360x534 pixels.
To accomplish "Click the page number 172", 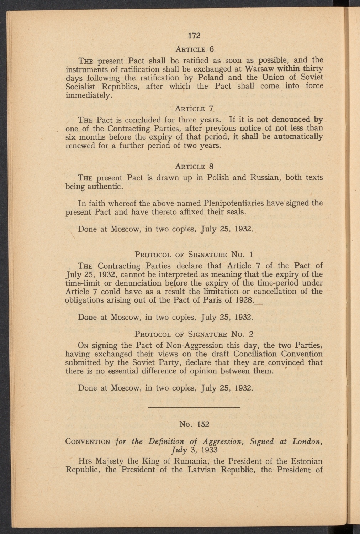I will pyautogui.click(x=195, y=36).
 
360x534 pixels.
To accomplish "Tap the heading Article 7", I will pyautogui.click(x=194, y=109).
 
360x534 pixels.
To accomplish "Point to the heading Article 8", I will pyautogui.click(x=194, y=166).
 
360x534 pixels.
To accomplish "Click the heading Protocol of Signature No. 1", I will pyautogui.click(x=194, y=255).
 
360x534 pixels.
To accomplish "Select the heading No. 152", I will pyautogui.click(x=194, y=424).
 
